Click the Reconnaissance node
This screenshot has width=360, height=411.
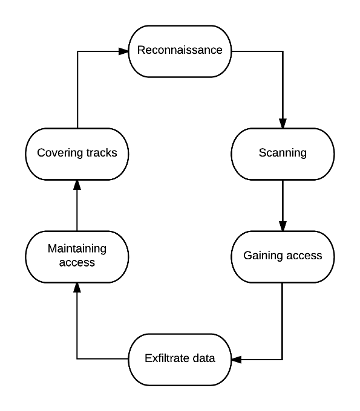coord(180,51)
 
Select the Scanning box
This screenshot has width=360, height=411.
coord(283,154)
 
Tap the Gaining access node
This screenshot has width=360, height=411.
coord(283,257)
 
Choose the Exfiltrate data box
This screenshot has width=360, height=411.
coord(180,360)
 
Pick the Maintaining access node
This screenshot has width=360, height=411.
coord(77,257)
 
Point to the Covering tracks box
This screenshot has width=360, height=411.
coord(77,154)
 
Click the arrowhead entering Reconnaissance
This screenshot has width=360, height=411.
coord(123,51)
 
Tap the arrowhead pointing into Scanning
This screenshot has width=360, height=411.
coord(283,123)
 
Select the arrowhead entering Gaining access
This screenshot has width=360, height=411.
coord(283,226)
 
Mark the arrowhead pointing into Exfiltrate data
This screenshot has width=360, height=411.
coord(237,360)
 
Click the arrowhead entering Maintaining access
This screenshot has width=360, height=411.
coord(77,288)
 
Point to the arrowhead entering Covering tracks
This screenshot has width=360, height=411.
coord(77,185)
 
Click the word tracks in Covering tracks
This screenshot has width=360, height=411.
coord(102,153)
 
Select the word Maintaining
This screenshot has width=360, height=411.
coord(77,249)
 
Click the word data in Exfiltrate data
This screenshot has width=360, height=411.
coord(204,358)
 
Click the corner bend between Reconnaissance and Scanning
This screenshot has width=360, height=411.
coord(283,51)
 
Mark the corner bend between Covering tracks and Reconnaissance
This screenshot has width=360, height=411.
coord(77,51)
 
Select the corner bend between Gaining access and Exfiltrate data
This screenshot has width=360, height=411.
coord(283,360)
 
